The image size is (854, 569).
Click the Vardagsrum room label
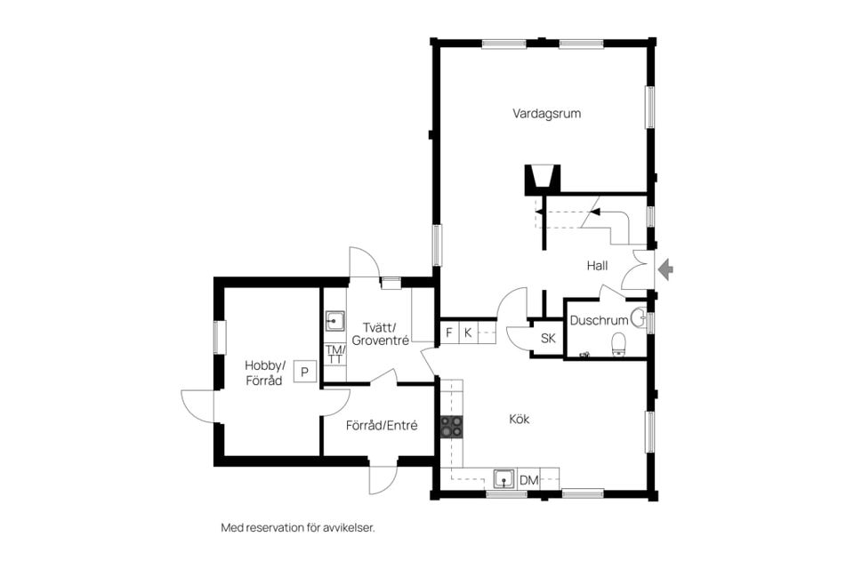[546, 114]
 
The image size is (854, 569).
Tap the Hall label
[597, 266]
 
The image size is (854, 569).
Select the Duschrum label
[599, 320]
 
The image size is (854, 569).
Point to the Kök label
[519, 419]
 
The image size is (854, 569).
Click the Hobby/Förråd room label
[264, 373]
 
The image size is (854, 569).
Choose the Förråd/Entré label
[382, 425]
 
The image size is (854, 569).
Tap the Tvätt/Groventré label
[380, 333]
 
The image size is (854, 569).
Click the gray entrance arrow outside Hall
[665, 269]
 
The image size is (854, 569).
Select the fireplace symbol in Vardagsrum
[542, 180]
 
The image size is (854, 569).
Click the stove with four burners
[452, 427]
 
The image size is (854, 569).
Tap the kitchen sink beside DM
[504, 480]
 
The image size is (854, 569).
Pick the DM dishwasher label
[528, 480]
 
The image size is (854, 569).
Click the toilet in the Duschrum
[620, 344]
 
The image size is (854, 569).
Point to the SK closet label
[548, 338]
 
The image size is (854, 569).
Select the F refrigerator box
[449, 333]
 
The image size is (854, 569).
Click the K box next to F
[468, 333]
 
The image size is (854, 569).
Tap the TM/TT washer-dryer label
[335, 354]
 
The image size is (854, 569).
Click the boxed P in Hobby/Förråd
[305, 372]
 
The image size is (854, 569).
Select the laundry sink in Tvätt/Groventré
[334, 321]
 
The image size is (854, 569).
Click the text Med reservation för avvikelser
[298, 527]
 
